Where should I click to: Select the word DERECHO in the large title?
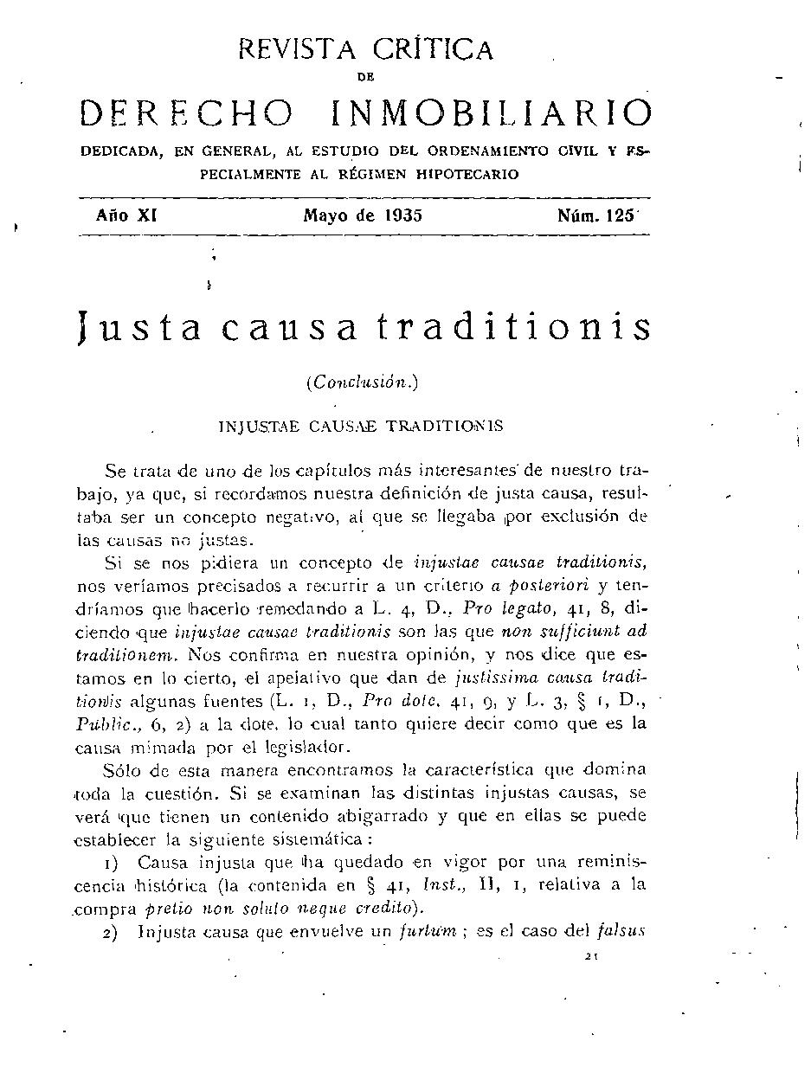point(186,113)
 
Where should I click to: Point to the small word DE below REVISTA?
point(365,77)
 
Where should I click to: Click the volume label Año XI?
point(125,215)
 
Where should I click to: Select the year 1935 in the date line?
point(400,215)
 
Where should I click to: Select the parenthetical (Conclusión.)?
point(362,383)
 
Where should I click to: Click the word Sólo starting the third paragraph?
point(122,769)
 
